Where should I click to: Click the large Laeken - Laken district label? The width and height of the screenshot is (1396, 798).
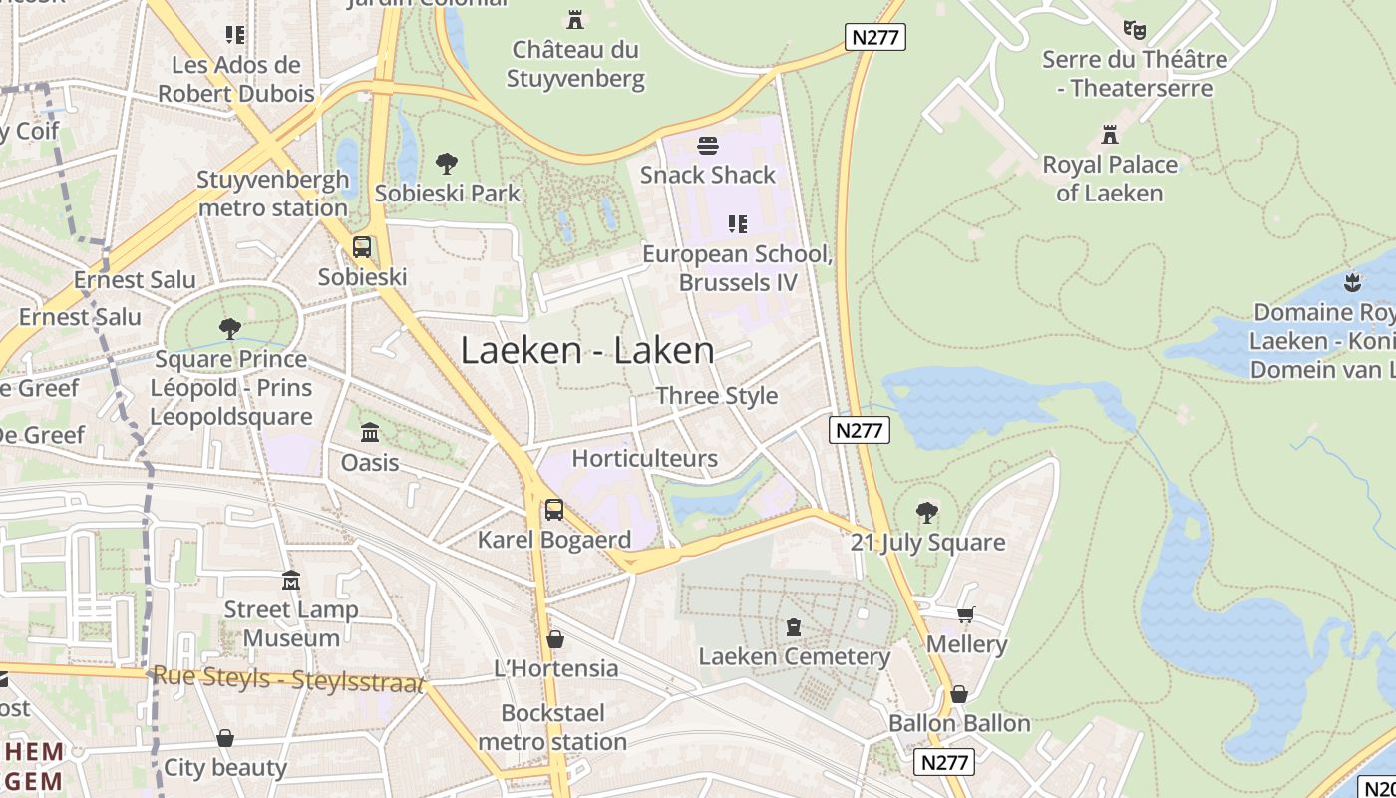586,351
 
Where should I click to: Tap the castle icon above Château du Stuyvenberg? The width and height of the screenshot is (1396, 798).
575,19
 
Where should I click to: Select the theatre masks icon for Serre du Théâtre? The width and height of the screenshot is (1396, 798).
1134,29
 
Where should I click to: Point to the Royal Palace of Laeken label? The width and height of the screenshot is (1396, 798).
1109,179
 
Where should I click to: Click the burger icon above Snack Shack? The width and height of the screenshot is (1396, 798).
708,146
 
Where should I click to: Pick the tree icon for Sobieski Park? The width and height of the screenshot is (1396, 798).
447,164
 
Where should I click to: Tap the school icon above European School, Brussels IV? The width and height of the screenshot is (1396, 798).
737,224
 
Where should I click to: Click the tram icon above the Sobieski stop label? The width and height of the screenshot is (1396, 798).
362,247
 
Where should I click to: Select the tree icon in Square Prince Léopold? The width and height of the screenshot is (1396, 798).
230,328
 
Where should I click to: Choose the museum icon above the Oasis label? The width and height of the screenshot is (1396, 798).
370,433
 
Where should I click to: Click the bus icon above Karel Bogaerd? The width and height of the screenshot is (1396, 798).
554,510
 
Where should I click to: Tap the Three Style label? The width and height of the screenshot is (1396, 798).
716,396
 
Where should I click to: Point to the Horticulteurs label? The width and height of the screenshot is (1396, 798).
644,459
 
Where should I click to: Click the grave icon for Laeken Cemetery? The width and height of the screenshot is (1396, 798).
794,627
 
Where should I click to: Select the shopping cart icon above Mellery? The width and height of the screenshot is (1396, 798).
965,614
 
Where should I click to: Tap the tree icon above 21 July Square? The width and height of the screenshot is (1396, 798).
927,513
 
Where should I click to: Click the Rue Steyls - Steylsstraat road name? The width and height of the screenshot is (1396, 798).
287,678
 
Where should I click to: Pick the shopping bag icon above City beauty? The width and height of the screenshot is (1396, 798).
225,738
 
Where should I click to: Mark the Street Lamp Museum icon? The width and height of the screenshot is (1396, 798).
291,580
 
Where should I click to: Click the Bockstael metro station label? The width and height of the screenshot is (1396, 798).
552,728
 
